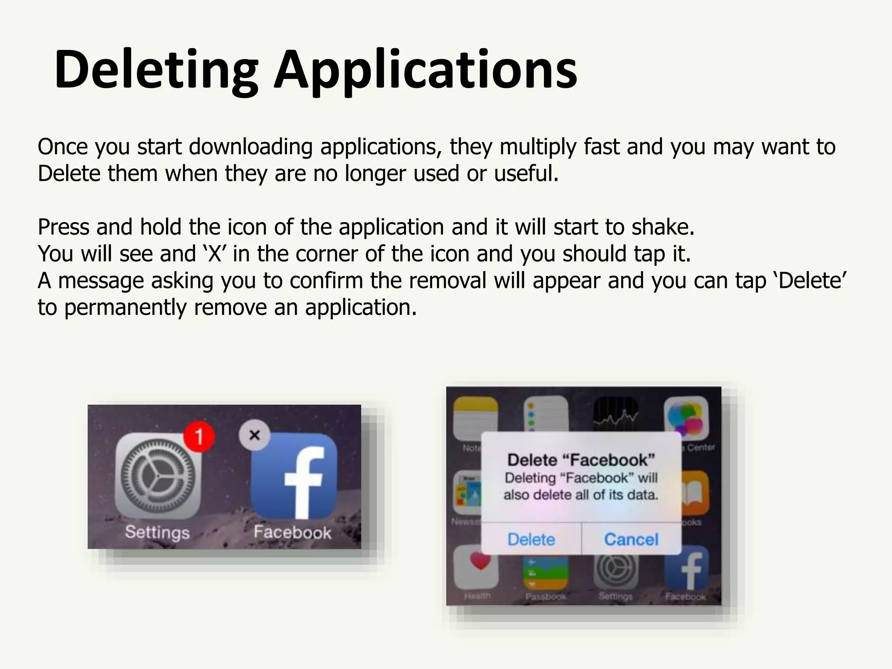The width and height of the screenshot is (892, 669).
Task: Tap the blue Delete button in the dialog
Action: (531, 540)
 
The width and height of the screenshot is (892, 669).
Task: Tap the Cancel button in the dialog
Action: (631, 540)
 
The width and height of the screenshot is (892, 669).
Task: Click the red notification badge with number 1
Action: (199, 436)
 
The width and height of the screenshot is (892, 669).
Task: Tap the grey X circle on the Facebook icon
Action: (255, 435)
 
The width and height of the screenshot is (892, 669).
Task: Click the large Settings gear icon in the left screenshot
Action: (158, 476)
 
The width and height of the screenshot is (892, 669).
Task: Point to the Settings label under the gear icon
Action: (157, 532)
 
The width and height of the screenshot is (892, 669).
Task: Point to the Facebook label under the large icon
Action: (292, 532)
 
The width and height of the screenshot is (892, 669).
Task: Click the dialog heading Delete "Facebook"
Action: (581, 460)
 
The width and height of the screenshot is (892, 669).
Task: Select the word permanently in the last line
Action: (125, 307)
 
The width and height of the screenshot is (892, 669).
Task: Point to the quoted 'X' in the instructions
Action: (215, 254)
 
